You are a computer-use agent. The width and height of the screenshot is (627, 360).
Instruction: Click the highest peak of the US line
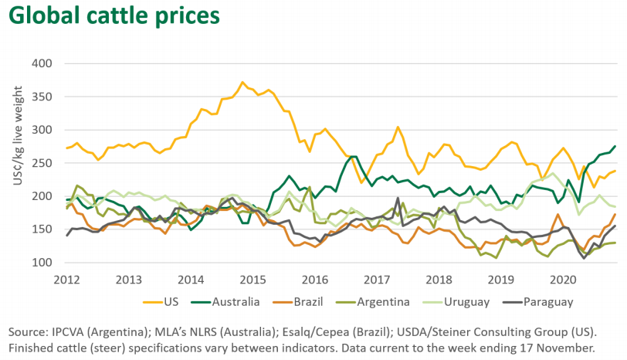[x=242, y=82]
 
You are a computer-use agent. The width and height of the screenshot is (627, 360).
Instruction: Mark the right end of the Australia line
[x=615, y=146]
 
